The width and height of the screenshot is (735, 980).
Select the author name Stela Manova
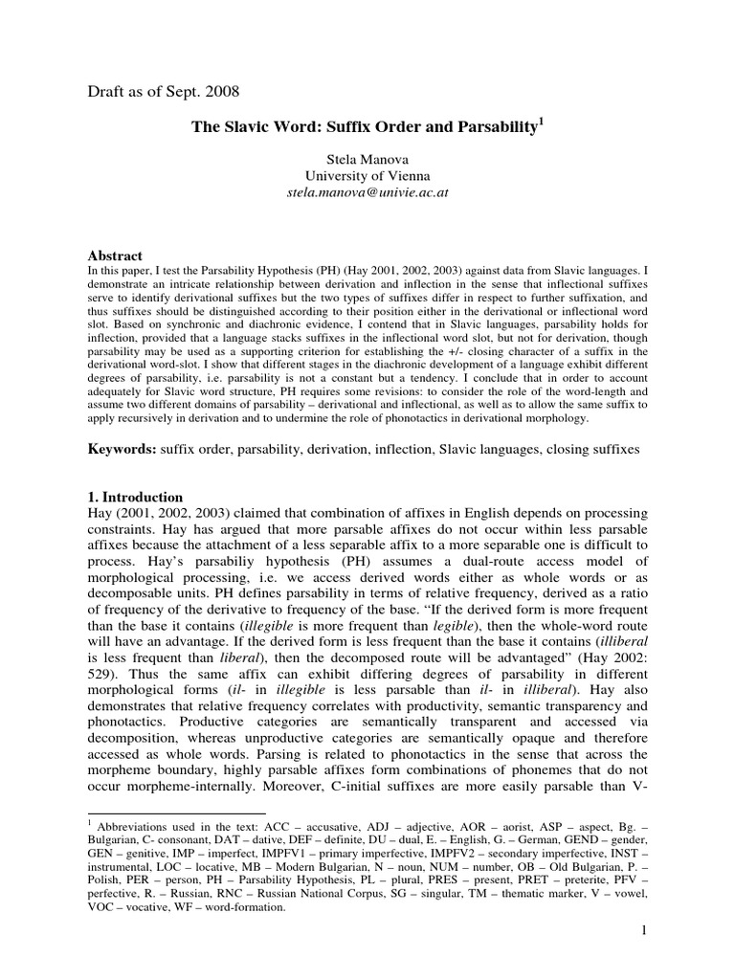(367, 158)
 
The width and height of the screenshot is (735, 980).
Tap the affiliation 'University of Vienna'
(367, 175)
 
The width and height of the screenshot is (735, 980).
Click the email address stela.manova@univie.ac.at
(367, 192)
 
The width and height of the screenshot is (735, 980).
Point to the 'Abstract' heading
(115, 256)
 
